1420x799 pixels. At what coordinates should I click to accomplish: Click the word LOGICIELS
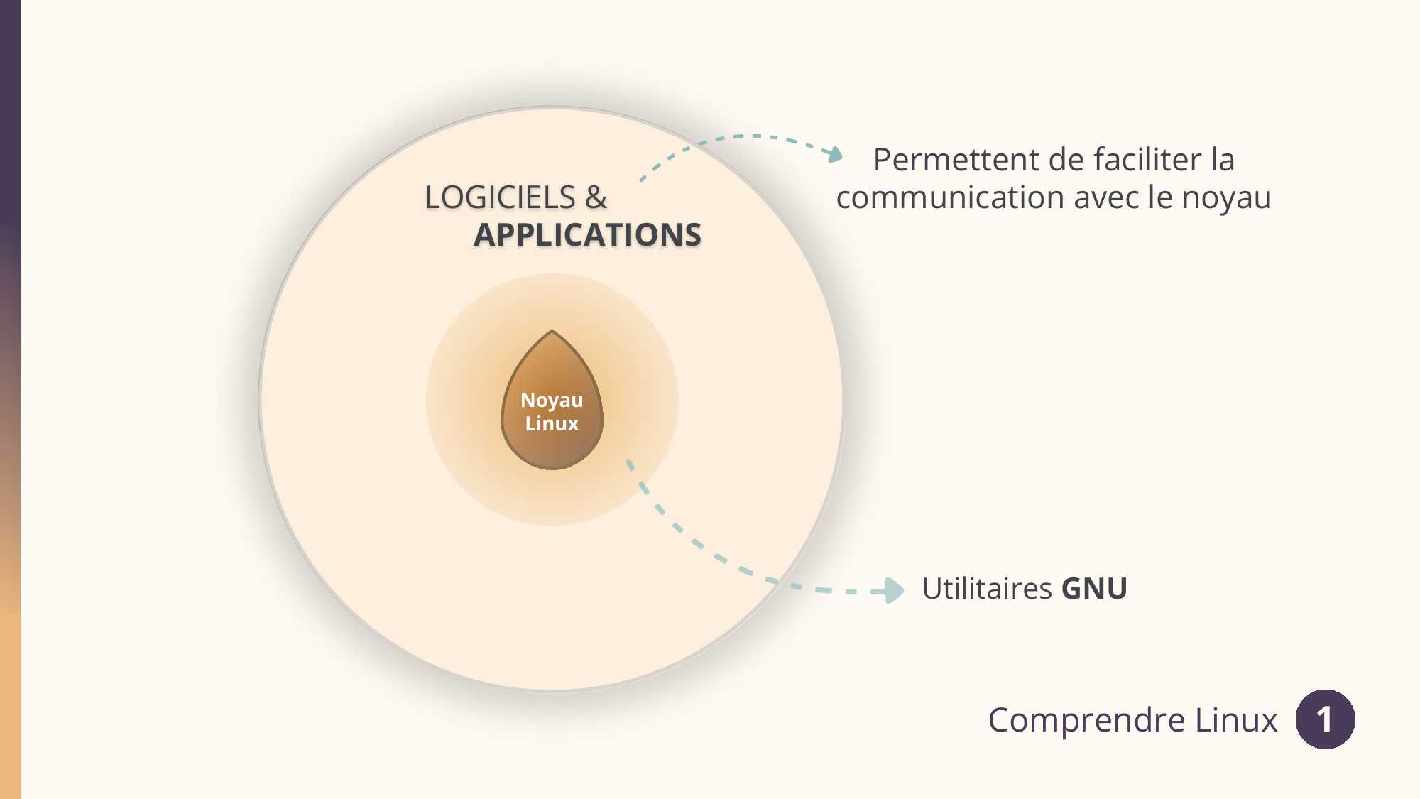pos(500,197)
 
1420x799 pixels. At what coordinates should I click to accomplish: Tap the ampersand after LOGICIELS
pos(596,197)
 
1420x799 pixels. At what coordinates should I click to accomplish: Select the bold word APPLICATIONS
pos(588,235)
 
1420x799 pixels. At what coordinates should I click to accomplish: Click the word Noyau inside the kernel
pos(552,401)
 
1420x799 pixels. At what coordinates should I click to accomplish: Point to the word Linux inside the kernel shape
pos(552,424)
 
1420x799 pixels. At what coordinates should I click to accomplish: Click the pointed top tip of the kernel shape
pos(552,330)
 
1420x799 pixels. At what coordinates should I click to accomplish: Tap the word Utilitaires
pos(987,589)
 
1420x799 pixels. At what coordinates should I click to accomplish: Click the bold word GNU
pos(1094,589)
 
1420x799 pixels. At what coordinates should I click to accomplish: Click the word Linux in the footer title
pos(1236,719)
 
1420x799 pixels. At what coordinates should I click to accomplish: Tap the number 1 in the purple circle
pos(1325,720)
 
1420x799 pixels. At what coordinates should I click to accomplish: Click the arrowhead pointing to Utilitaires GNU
pos(892,590)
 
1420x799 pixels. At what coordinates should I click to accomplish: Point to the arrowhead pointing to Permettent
pos(836,154)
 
